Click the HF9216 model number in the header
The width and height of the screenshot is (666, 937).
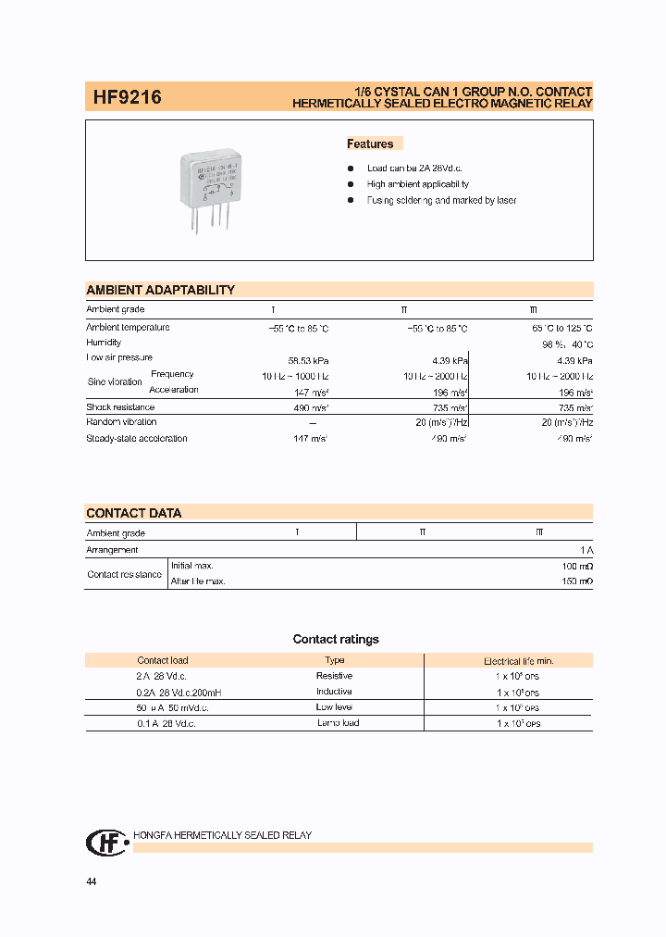tap(127, 97)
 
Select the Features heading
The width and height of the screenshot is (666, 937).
tap(370, 144)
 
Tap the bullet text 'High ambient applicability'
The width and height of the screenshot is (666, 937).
tap(417, 184)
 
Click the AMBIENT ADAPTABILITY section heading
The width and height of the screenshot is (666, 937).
tap(160, 290)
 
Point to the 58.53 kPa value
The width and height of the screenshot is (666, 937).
tap(309, 360)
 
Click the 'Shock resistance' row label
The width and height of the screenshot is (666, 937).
tap(120, 406)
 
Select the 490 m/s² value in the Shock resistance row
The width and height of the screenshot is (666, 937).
tap(309, 407)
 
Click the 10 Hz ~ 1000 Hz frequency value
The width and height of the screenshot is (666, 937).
tap(295, 376)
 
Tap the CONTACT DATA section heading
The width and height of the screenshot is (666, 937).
tap(134, 513)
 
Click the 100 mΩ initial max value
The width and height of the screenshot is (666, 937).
tap(577, 565)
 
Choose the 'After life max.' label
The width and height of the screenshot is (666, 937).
tap(198, 581)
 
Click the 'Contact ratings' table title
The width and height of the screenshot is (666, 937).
tap(336, 639)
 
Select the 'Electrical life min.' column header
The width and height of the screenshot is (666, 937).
tap(518, 661)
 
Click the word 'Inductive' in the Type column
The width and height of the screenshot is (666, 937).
tap(334, 692)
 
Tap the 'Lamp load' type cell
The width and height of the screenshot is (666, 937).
tap(338, 722)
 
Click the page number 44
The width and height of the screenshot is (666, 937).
tap(91, 881)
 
